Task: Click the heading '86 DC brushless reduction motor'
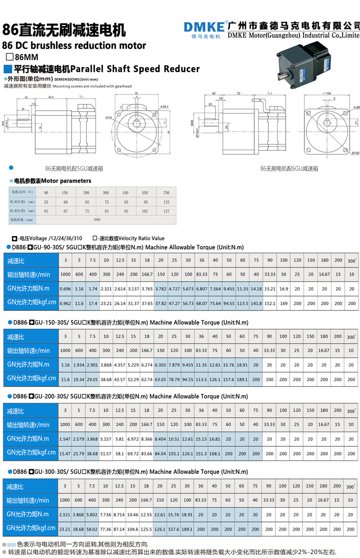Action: pos(74,45)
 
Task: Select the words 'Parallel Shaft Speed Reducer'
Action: pos(135,69)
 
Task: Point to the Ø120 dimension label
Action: pos(355,153)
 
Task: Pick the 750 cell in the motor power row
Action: pos(166,192)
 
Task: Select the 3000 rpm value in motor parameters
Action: pos(97,220)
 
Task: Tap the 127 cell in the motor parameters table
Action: pos(166,211)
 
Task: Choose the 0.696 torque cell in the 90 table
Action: pos(65,288)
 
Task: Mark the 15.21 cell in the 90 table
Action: pos(269,288)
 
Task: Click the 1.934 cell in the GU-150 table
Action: pos(79,364)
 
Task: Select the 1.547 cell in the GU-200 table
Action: pos(65,439)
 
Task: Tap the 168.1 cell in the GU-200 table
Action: pos(215,453)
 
